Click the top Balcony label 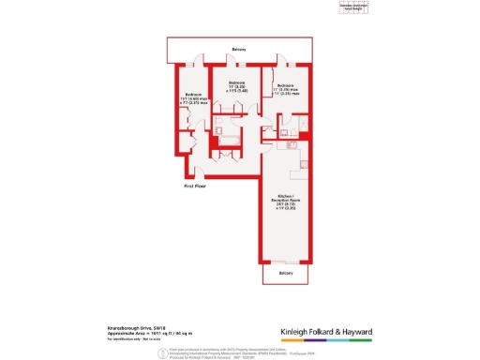pyautogui.click(x=241, y=50)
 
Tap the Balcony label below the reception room pyautogui.click(x=285, y=273)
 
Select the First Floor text pyautogui.click(x=195, y=186)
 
